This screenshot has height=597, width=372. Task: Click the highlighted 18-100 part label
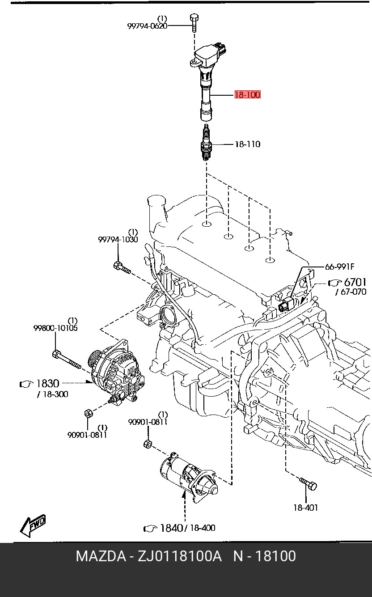(x=247, y=95)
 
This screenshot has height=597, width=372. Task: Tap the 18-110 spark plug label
(x=248, y=144)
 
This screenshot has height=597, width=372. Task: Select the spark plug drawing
(x=206, y=142)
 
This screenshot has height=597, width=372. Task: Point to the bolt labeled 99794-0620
(x=194, y=23)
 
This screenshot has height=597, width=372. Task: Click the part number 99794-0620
(x=147, y=26)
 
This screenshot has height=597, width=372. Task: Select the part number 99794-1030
(x=118, y=239)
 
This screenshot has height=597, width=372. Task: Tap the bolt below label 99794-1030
(x=122, y=268)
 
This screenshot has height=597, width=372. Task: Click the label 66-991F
(x=340, y=266)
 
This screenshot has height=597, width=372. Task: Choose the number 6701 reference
(x=355, y=282)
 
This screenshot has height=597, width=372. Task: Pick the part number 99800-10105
(x=55, y=328)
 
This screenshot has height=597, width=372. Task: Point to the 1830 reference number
(x=47, y=384)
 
